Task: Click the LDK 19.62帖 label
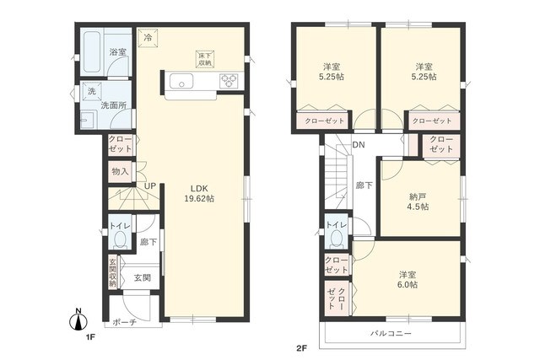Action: coord(200,192)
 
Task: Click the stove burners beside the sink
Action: coord(229,82)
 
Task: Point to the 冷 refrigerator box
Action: coord(149,38)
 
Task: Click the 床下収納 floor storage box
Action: coord(205,58)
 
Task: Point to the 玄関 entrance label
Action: coord(140,277)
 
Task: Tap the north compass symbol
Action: coord(78,320)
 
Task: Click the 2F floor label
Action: coord(301,347)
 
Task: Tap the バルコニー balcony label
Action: coord(390,334)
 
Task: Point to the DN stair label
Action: coord(359,145)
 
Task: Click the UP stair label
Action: coord(148,186)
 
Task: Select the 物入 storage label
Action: coord(120,171)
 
